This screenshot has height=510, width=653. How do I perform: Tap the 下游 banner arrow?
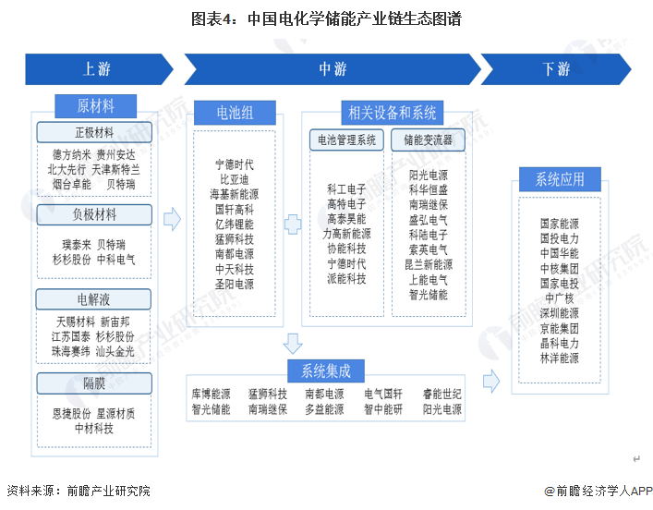pos(555,69)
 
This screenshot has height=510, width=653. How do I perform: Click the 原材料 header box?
pos(95,105)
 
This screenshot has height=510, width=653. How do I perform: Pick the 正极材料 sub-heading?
pos(95,131)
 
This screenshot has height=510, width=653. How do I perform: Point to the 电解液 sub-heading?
pos(95,298)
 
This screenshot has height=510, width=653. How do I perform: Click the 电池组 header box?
pos(235,113)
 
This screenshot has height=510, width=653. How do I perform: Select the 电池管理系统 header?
pos(346,140)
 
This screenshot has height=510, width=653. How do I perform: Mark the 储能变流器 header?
pos(429,140)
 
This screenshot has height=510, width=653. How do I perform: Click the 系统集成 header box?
pos(325,370)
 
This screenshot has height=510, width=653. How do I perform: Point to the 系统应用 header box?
pos(560,178)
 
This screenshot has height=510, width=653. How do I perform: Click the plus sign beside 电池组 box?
pos(292,224)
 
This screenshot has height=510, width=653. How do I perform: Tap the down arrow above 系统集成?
pos(293,344)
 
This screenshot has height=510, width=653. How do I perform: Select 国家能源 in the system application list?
pos(560,224)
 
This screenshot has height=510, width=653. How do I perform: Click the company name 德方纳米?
pos(70,154)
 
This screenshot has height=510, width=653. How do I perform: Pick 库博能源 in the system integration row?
pos(210,394)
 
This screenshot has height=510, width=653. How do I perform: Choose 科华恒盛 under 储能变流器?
pos(429,189)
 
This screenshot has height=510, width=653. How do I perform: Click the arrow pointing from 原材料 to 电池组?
pos(171,219)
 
